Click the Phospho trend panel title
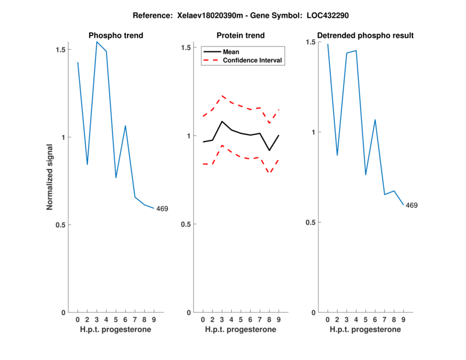tap(115, 36)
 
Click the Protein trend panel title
tap(240, 36)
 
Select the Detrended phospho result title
tap(365, 36)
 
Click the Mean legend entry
tap(231, 51)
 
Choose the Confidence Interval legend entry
tap(253, 60)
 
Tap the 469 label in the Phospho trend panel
tap(161, 209)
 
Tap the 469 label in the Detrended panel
tap(411, 205)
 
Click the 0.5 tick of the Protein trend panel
tap(186, 224)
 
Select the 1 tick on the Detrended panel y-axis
tap(313, 132)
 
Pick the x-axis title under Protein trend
tap(240, 330)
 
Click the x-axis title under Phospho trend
tap(115, 330)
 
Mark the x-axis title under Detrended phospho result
tap(365, 330)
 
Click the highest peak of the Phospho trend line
tap(97, 42)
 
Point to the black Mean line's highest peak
tap(222, 121)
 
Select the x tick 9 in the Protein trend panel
tap(279, 319)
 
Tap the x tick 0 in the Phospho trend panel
tap(78, 319)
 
